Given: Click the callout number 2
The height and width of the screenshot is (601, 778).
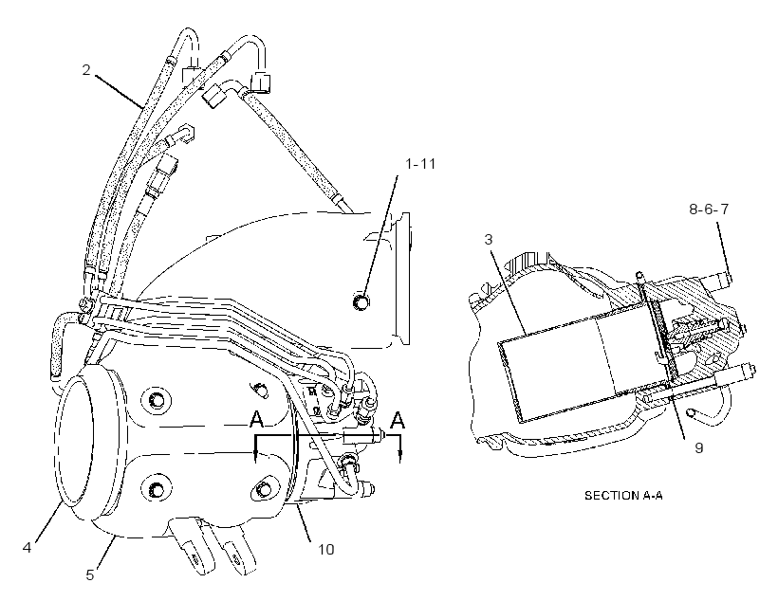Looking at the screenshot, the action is pos(86,70).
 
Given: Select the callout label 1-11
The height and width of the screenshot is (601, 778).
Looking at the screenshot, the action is pos(420,164).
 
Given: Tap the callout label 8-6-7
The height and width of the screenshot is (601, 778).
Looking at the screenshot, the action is pos(709,209).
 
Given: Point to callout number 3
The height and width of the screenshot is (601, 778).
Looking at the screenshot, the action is pos(489,240).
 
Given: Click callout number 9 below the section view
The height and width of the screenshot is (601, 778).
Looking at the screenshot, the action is pos(698,448).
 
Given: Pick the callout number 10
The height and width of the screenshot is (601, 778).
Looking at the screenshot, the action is pos(326,550).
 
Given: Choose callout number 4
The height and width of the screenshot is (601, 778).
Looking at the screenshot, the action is pos(27,548).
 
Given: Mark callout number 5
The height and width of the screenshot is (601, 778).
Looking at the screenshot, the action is pos(90,575).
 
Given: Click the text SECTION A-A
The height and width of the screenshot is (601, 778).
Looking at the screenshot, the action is pos(623,496).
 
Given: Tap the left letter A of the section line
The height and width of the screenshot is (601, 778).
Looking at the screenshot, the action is pos(256,420).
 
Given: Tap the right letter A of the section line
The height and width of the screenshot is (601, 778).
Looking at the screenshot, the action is pos(398,420).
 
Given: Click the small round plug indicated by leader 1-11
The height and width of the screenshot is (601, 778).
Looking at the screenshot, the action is pos(361,301).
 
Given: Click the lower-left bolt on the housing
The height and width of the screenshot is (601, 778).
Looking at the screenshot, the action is pos(156,489).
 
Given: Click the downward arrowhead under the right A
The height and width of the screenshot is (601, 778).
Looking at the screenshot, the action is pos(400,457).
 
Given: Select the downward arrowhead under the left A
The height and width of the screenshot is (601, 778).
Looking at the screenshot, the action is pos(255,457).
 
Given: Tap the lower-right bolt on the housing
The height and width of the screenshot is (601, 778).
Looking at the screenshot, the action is pos(263,489).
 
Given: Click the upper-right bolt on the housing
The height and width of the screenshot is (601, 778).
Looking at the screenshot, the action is pos(258,389).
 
